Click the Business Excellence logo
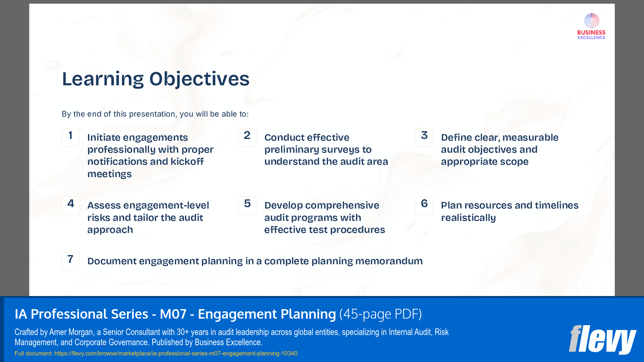click(591, 26)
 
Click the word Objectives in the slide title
click(199, 79)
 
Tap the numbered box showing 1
click(70, 137)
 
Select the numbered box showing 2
click(247, 137)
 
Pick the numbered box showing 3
click(424, 137)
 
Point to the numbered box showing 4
click(70, 206)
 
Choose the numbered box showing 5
click(247, 206)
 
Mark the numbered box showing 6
click(424, 206)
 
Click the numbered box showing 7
click(70, 261)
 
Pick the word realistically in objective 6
click(468, 218)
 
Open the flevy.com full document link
click(176, 353)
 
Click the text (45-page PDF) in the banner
click(380, 314)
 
